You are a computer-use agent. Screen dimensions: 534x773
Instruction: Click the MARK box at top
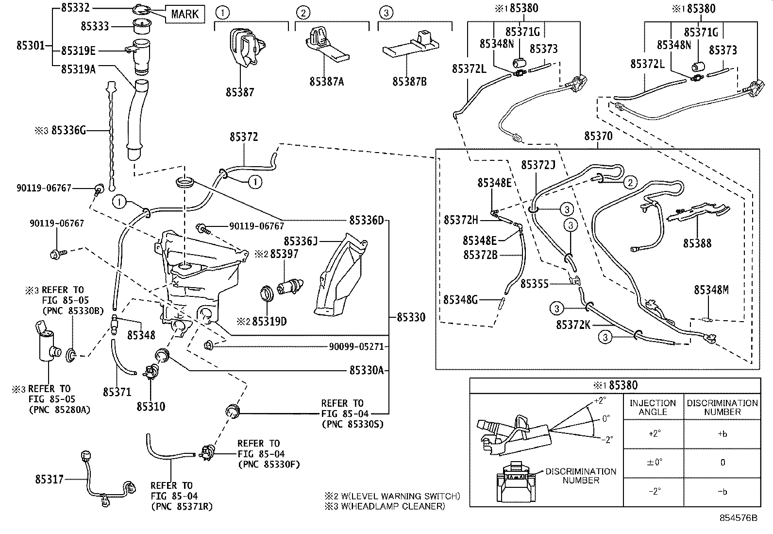[x=185, y=14]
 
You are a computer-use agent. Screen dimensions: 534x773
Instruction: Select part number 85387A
[x=326, y=82]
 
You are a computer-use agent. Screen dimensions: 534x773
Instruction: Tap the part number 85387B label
[x=409, y=82]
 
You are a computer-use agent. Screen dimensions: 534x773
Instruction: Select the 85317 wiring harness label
[x=49, y=480]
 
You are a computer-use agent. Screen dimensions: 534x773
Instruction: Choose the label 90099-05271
[x=356, y=346]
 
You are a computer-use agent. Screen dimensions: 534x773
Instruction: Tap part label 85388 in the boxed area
[x=697, y=243]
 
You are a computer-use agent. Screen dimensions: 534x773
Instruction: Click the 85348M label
[x=711, y=290]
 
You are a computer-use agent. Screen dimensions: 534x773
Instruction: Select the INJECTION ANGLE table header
[x=653, y=407]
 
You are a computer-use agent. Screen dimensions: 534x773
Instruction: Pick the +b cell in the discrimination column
[x=722, y=434]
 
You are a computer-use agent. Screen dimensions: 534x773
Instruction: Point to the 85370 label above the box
[x=598, y=137]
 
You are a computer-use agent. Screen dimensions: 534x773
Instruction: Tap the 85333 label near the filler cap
[x=95, y=26]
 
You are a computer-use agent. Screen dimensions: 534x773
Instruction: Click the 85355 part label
[x=535, y=283]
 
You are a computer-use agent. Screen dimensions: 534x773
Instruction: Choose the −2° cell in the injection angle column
[x=654, y=492]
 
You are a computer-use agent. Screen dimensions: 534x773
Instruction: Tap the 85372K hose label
[x=573, y=324]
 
